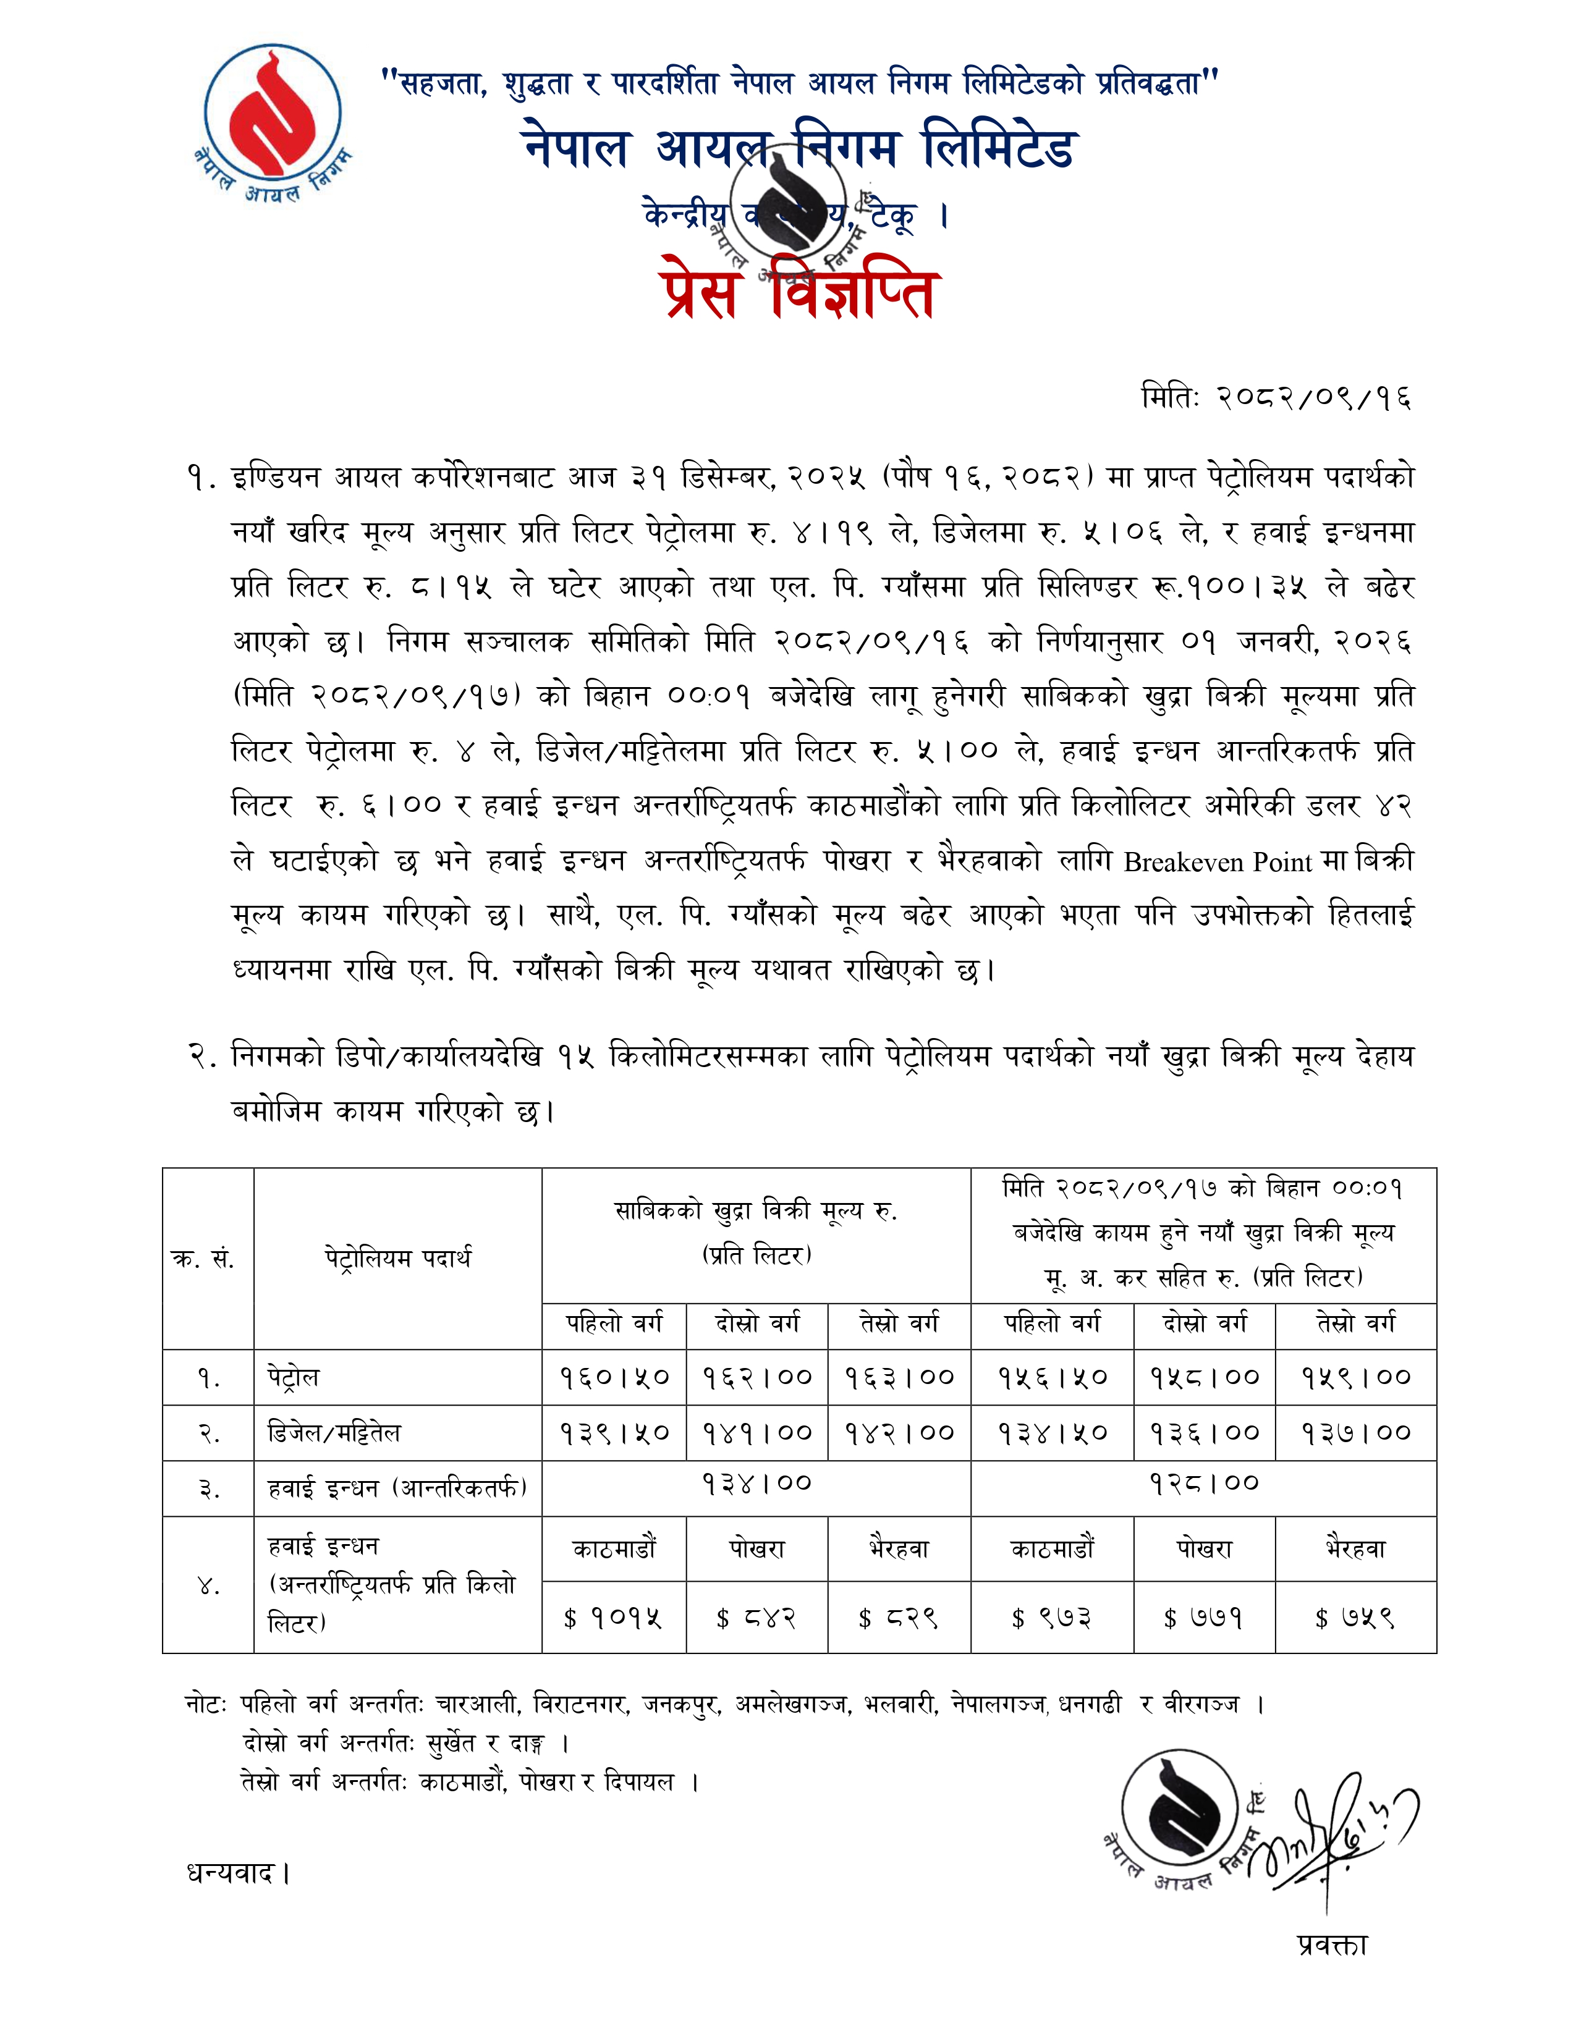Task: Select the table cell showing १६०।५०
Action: click(x=614, y=1377)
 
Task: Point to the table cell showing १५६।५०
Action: click(x=1053, y=1377)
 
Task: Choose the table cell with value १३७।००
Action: click(x=1355, y=1432)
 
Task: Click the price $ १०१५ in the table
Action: click(x=614, y=1618)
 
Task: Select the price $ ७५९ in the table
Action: click(x=1355, y=1618)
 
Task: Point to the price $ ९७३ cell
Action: click(x=1053, y=1618)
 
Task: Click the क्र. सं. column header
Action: click(x=203, y=1259)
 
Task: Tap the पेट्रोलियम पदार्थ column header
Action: click(x=398, y=1259)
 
